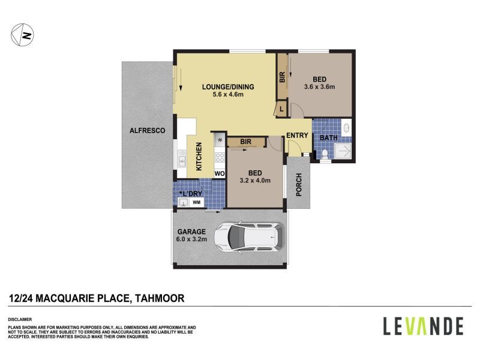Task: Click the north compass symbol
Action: pyautogui.click(x=22, y=34)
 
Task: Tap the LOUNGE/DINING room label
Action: pyautogui.click(x=228, y=86)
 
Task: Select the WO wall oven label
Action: pyautogui.click(x=220, y=173)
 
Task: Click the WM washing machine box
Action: pyautogui.click(x=196, y=203)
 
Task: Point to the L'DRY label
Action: pyautogui.click(x=193, y=193)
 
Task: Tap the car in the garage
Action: pyautogui.click(x=248, y=238)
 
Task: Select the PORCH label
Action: pyautogui.click(x=299, y=185)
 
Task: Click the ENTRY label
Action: pyautogui.click(x=296, y=136)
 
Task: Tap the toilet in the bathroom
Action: pyautogui.click(x=324, y=155)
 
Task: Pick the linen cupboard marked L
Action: pyautogui.click(x=282, y=109)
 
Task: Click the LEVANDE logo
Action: pyautogui.click(x=423, y=326)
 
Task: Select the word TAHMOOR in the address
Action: pyautogui.click(x=160, y=298)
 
